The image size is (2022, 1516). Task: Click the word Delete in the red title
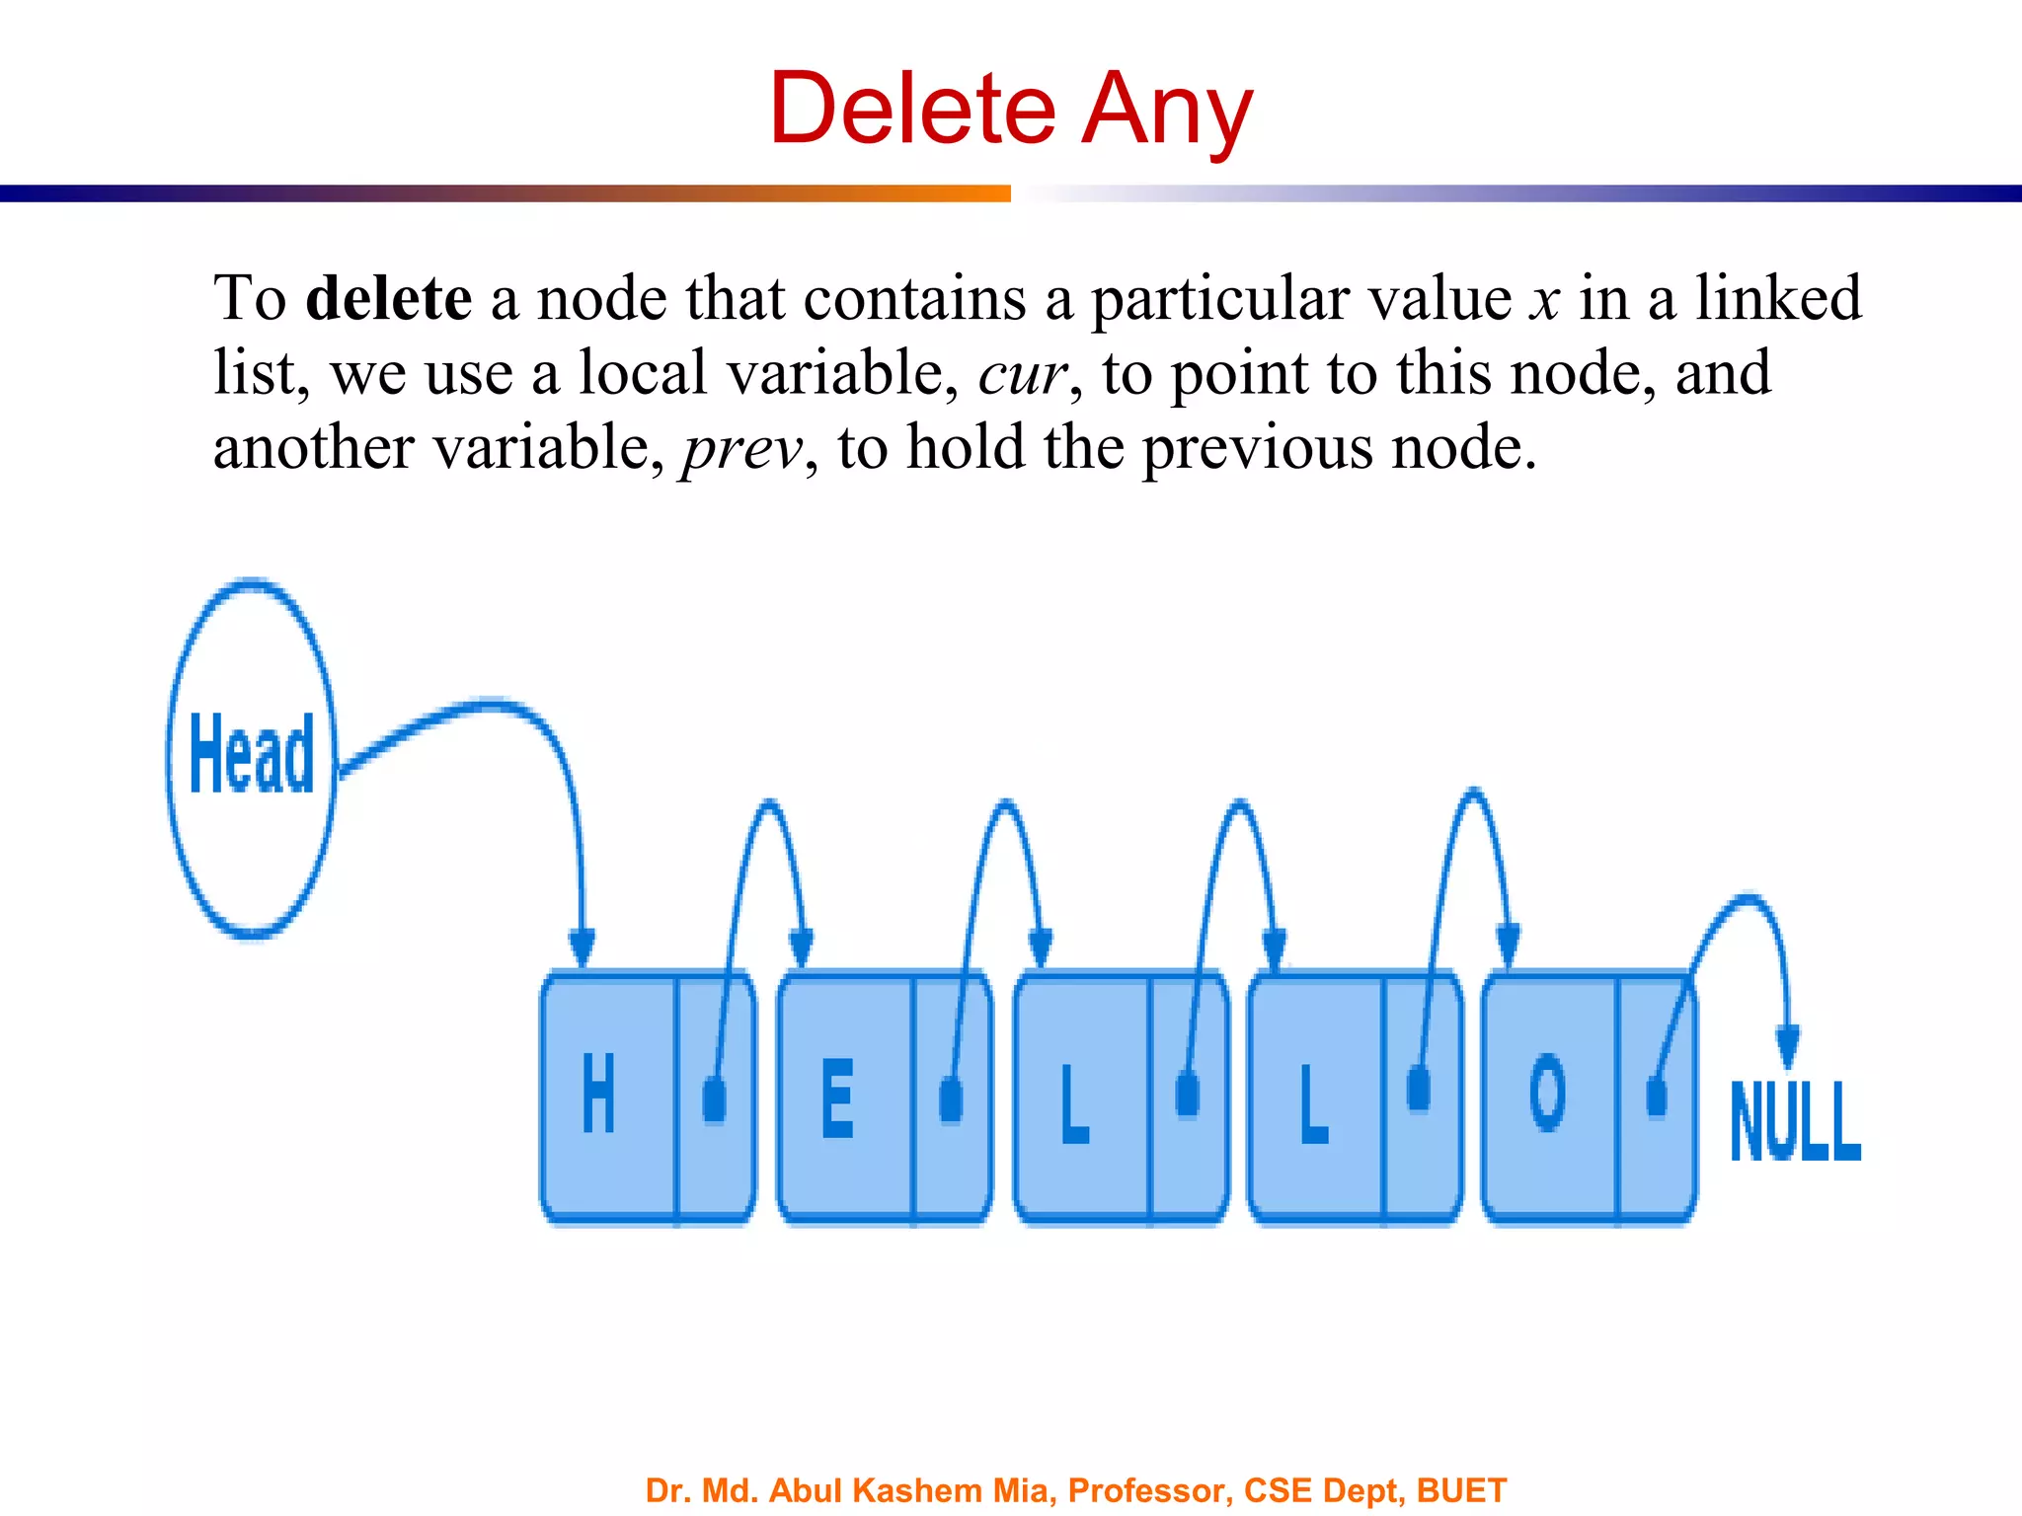(912, 109)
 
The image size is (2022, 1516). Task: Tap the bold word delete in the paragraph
(389, 298)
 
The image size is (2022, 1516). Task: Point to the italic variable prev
(742, 449)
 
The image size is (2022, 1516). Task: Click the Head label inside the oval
(252, 754)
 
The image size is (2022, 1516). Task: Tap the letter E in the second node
(837, 1098)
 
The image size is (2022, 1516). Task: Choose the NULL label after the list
(1795, 1121)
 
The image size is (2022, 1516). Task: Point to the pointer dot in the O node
(1657, 1096)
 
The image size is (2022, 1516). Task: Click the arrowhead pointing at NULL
(1787, 1046)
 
